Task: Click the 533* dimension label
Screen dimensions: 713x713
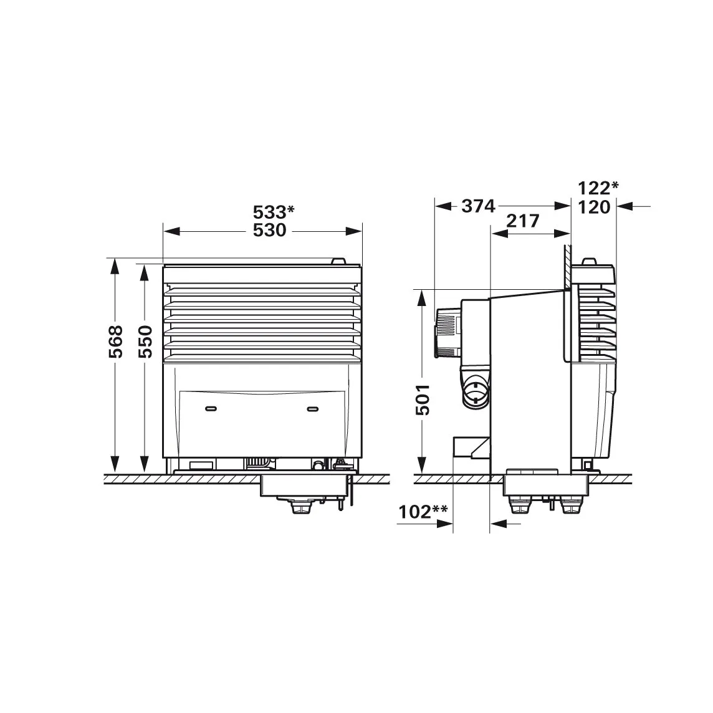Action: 273,213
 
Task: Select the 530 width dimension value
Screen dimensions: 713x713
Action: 270,231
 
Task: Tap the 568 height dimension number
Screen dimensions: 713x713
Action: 116,342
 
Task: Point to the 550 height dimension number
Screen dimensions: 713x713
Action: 145,342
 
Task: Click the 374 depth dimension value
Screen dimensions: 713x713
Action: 478,206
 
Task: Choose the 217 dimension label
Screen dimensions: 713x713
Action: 523,221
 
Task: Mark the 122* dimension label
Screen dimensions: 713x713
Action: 598,188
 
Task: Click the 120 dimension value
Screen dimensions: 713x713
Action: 594,208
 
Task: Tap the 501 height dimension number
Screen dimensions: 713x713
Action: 423,400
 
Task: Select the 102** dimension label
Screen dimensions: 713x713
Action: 423,512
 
